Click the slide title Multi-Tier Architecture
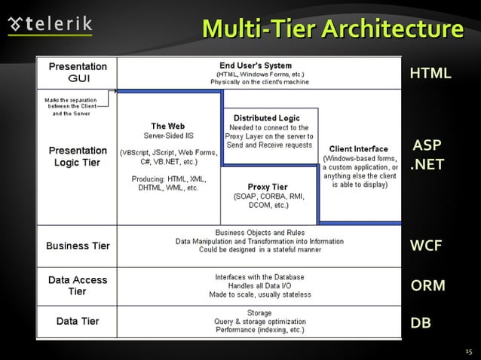click(332, 29)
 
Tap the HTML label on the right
click(430, 73)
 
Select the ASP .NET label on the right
click(427, 154)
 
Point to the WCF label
click(425, 246)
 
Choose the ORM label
click(427, 285)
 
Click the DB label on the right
click(421, 323)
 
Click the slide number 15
click(467, 351)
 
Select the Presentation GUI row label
click(78, 72)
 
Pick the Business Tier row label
click(78, 246)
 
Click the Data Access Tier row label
click(78, 285)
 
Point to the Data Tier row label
click(78, 322)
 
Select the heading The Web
click(167, 126)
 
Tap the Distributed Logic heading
click(266, 118)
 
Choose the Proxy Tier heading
click(268, 187)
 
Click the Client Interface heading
click(359, 148)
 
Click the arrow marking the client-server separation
click(114, 91)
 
